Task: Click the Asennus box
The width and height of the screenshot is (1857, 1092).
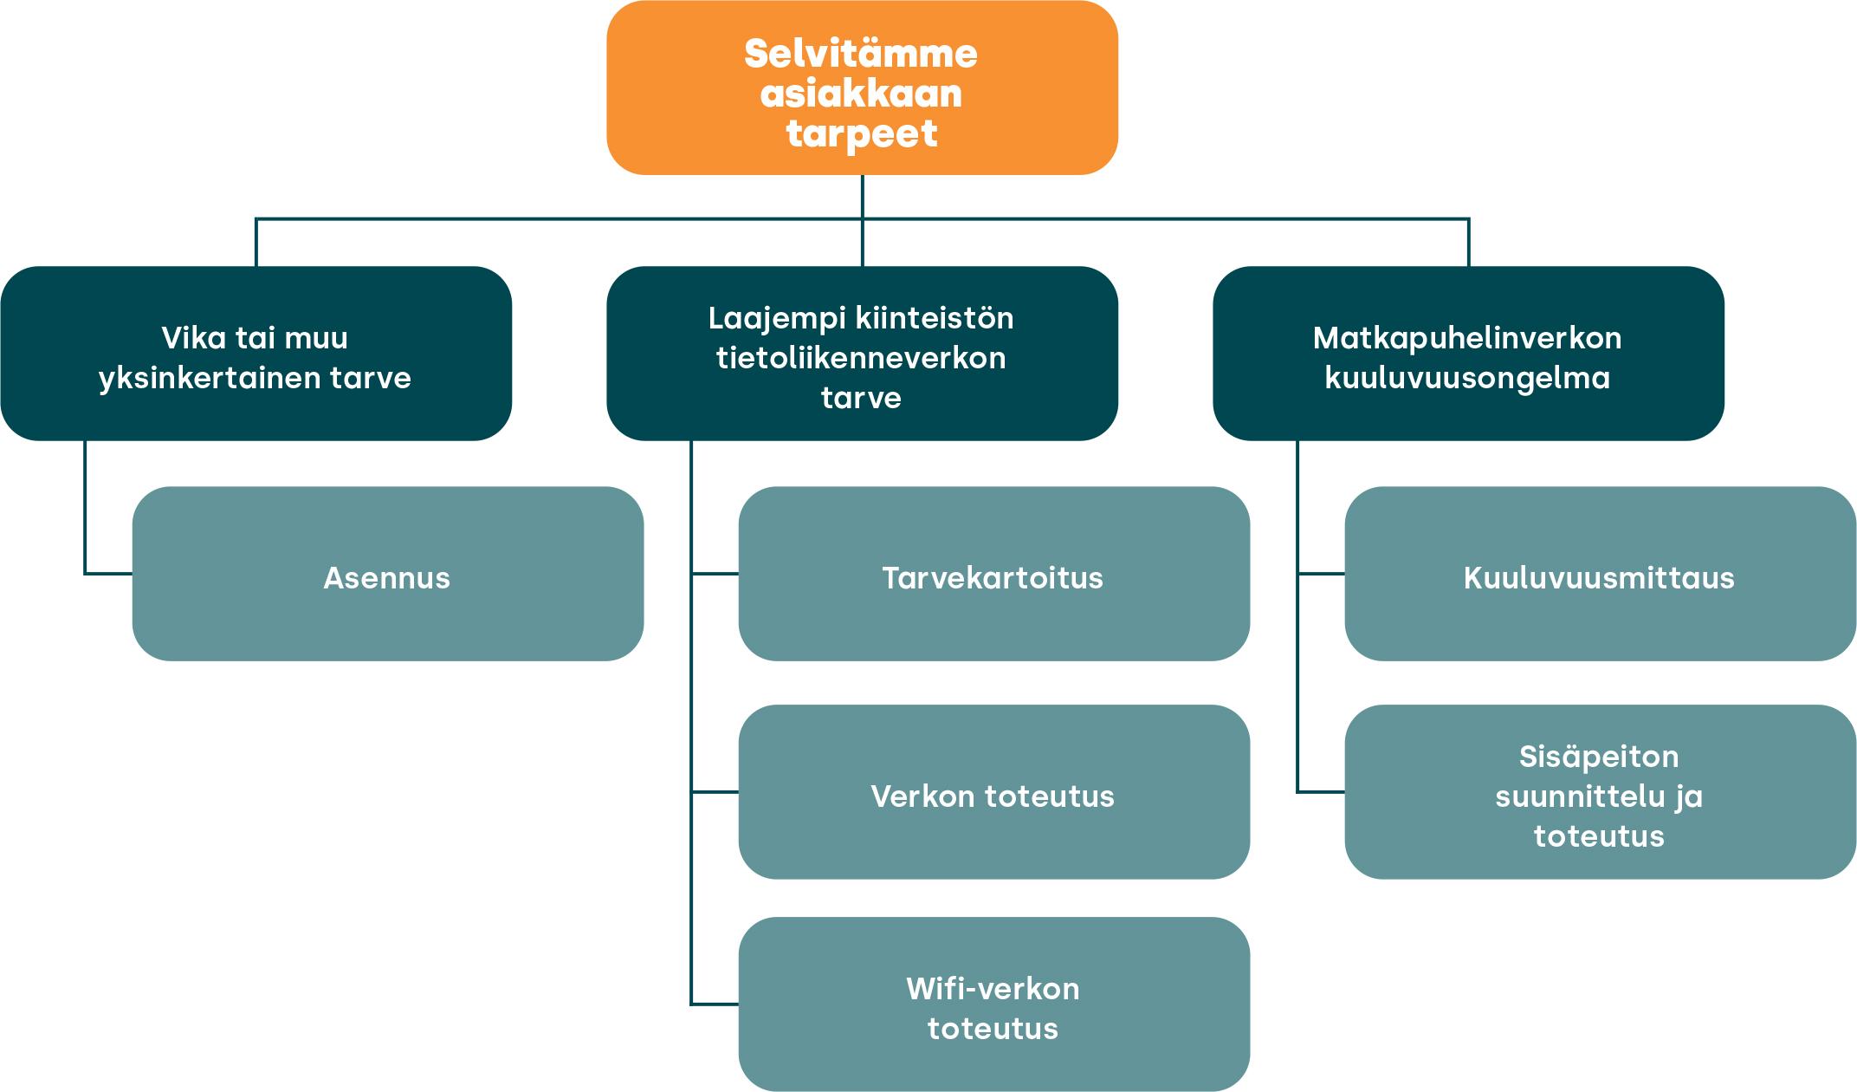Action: (387, 574)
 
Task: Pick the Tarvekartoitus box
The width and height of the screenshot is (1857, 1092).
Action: (993, 574)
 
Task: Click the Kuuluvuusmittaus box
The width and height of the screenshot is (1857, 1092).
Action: (1600, 574)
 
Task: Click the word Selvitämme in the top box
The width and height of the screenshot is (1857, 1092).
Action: (861, 54)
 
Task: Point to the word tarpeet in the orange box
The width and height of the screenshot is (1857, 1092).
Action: (861, 134)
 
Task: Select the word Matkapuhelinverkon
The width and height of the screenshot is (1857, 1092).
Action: (1467, 338)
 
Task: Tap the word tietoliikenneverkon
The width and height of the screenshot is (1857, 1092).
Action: (861, 358)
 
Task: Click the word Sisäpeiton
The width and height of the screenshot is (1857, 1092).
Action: (1599, 757)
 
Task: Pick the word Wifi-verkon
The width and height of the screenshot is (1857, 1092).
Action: (993, 989)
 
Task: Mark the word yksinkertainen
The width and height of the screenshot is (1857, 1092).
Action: (212, 378)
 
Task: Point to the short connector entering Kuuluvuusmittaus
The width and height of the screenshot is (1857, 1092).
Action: (1321, 573)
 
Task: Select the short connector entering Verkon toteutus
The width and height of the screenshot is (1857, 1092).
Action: (715, 791)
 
